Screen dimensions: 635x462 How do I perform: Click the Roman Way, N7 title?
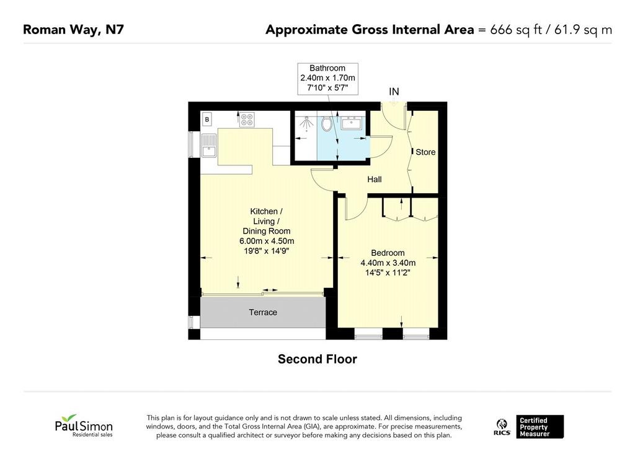(73, 30)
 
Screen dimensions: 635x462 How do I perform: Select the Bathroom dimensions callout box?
(327, 79)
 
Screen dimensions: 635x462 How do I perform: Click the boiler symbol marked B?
(207, 120)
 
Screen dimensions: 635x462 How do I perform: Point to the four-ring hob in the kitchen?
(247, 120)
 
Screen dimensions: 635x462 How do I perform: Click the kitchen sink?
(210, 146)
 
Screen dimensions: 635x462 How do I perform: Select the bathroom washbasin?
(352, 123)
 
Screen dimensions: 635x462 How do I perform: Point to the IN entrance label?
(394, 92)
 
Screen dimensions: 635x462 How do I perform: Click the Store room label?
(425, 152)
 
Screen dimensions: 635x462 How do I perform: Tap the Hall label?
(374, 179)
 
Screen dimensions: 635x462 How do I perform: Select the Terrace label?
(263, 312)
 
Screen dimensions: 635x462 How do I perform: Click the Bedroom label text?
(388, 253)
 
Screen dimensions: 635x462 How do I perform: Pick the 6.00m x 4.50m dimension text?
(267, 241)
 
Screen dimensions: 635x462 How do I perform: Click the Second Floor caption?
(317, 359)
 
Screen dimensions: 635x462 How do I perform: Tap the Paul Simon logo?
(84, 425)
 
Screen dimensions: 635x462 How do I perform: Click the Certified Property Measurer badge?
(540, 427)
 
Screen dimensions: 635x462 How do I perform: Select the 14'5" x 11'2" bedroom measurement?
(388, 272)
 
